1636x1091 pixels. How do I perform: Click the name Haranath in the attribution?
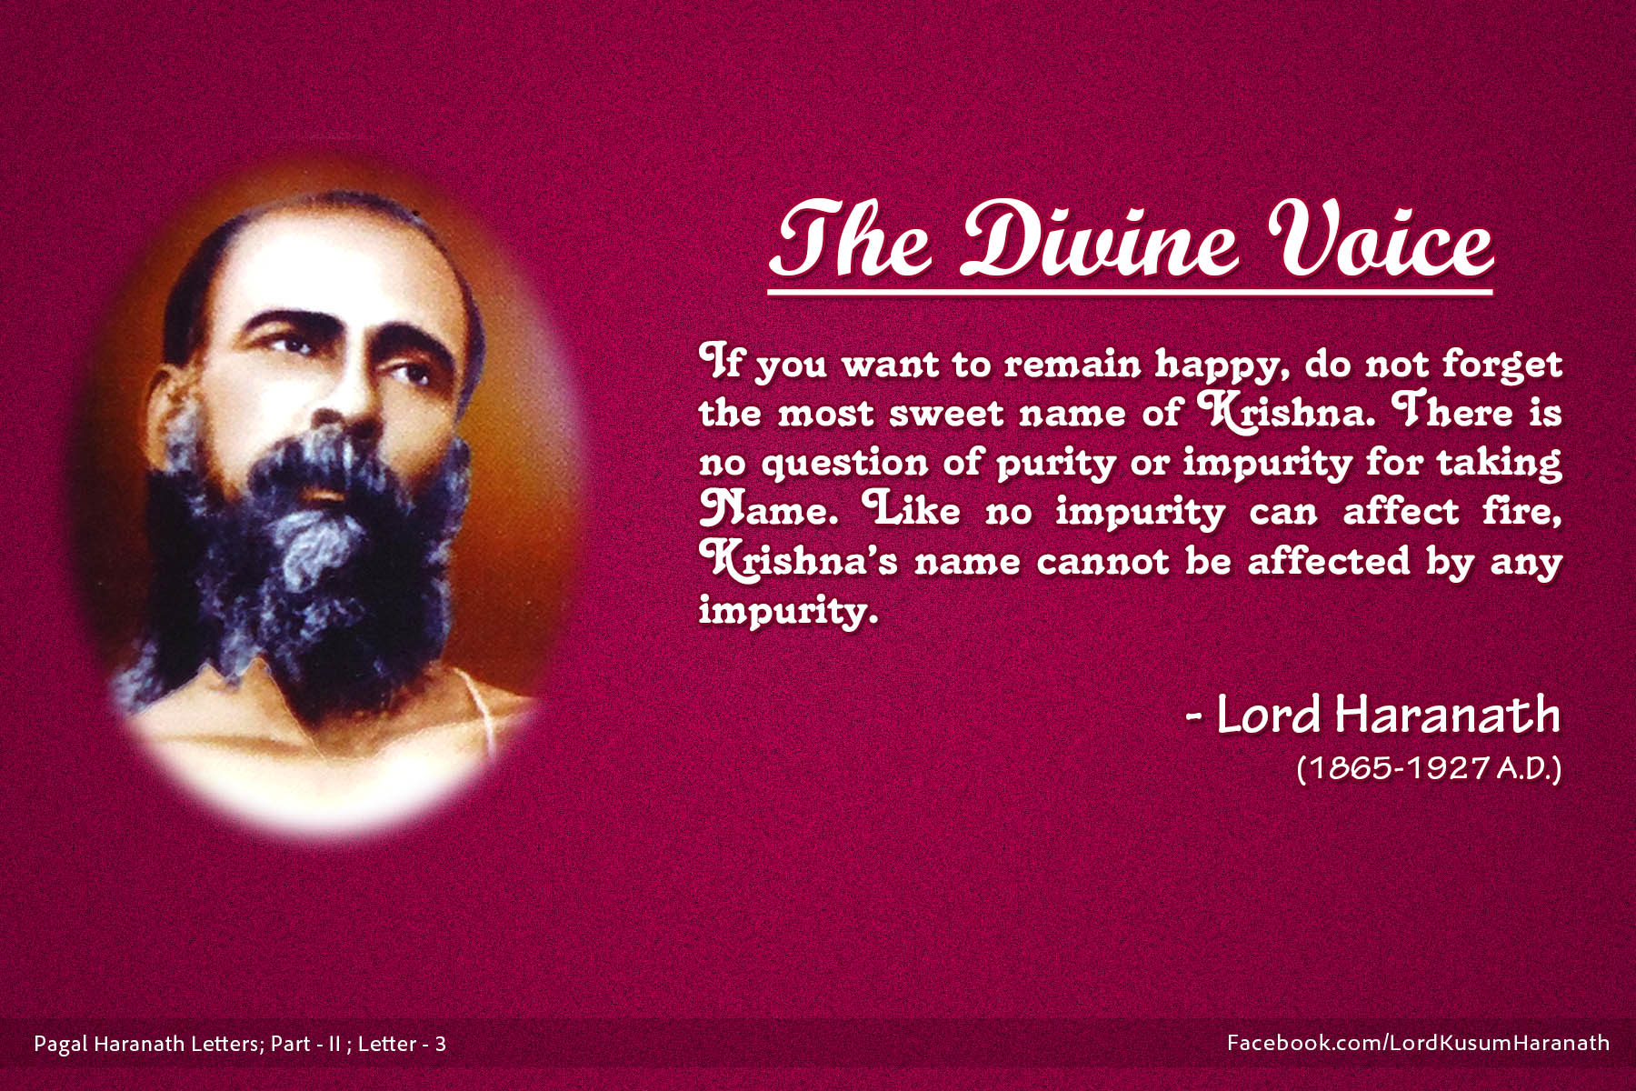[x=1448, y=716]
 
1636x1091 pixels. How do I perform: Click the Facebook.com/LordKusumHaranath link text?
[x=1418, y=1043]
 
